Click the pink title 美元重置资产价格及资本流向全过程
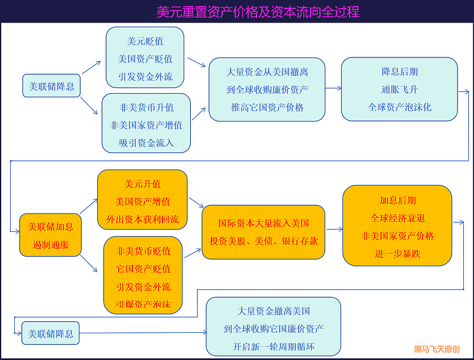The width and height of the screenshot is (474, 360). [258, 12]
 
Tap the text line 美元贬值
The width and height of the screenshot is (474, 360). [145, 41]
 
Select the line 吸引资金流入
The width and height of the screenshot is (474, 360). [146, 143]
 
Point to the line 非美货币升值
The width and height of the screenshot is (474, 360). [146, 107]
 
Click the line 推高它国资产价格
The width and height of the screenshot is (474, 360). [267, 107]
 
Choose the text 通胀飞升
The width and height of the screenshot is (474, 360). [399, 90]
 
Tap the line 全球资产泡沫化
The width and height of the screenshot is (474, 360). [399, 107]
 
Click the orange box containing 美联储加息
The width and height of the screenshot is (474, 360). [50, 235]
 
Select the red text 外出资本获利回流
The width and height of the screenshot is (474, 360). [142, 219]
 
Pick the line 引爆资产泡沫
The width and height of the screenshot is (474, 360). [143, 304]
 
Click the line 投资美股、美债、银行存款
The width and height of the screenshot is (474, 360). [264, 241]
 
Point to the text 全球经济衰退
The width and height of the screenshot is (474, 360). [398, 218]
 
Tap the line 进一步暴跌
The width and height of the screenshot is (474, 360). [398, 253]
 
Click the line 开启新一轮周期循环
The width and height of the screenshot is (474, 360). [273, 346]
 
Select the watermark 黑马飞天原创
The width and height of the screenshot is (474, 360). [437, 349]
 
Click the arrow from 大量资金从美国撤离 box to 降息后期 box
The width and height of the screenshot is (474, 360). [333, 88]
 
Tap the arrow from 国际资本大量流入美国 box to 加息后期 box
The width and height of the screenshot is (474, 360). [334, 230]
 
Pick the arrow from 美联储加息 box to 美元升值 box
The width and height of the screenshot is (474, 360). [88, 206]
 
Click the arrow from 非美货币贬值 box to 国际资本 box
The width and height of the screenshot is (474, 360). [193, 253]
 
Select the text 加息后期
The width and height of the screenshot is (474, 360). [398, 200]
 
